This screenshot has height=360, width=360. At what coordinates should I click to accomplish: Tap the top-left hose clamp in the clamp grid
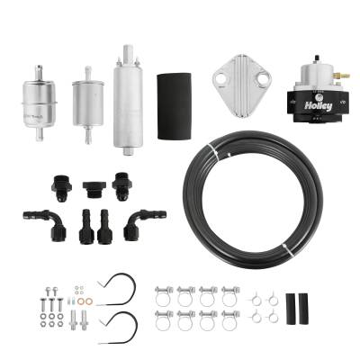point(164,295)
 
